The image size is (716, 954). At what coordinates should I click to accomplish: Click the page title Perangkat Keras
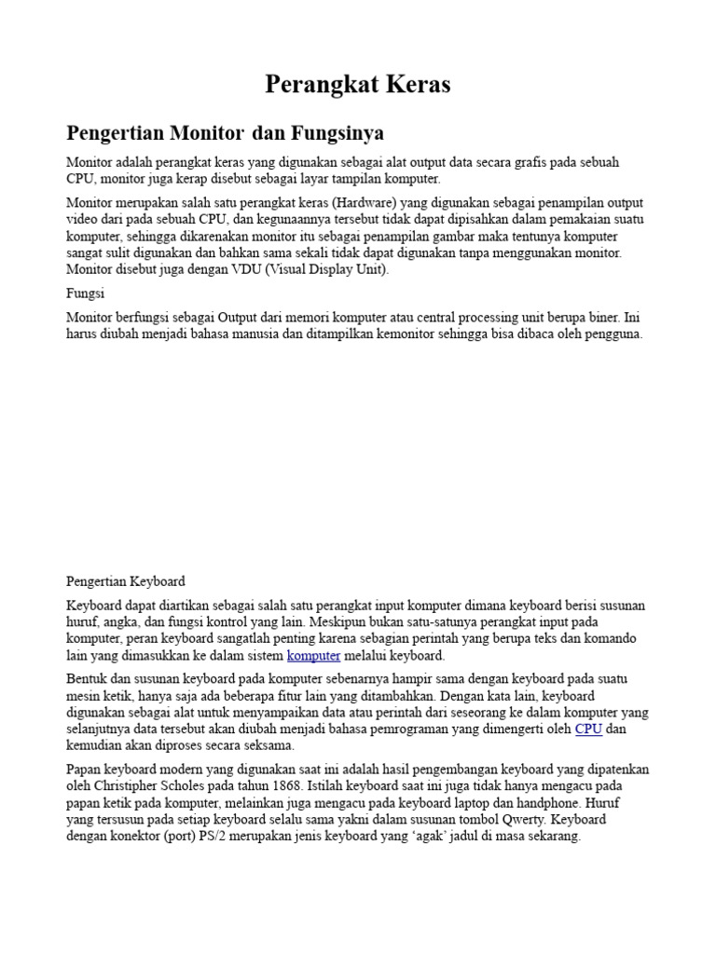coord(358,85)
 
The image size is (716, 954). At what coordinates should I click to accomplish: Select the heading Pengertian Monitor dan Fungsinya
coord(225,132)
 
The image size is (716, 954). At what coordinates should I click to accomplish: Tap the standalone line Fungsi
coord(85,293)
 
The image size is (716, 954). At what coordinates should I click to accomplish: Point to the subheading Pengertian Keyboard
coord(126,581)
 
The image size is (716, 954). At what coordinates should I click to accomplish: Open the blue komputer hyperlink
coord(313,656)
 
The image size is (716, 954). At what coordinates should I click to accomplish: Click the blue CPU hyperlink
coord(588,729)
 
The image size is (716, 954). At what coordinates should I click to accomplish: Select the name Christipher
coord(121,786)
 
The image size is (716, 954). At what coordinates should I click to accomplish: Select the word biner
coord(599,317)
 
